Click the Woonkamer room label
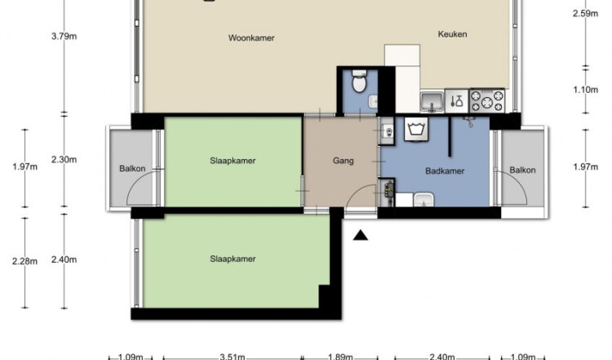tap(251, 38)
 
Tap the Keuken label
tap(452, 34)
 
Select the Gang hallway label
tap(344, 161)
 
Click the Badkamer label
tap(445, 171)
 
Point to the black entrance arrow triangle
tap(361, 235)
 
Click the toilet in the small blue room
tap(359, 81)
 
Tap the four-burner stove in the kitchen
tap(487, 101)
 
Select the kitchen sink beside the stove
tap(432, 102)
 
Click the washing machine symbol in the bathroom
tap(416, 129)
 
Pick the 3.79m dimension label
tap(64, 37)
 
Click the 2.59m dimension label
tap(585, 14)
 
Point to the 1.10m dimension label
tap(585, 90)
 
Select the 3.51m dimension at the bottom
tap(233, 357)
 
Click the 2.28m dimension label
tap(25, 261)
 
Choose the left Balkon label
tap(132, 169)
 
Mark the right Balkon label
tap(522, 171)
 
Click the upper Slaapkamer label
tap(233, 161)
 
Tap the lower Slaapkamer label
tap(233, 259)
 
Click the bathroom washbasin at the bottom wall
tap(424, 199)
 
